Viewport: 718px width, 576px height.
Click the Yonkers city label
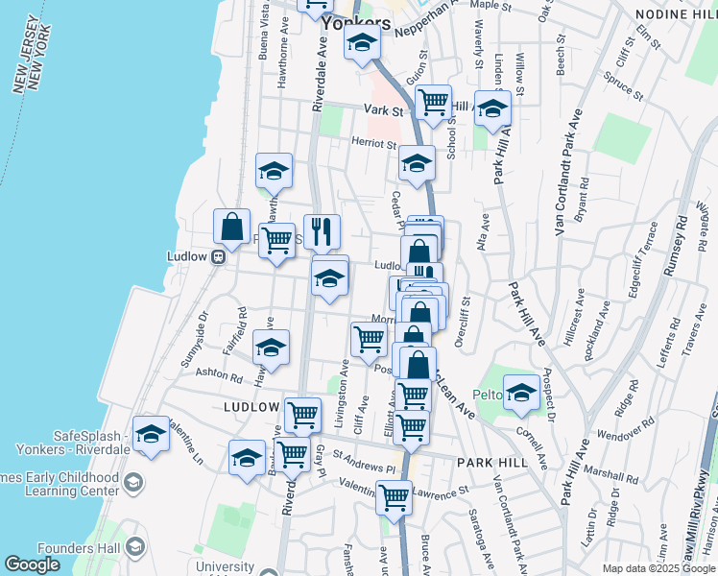(357, 23)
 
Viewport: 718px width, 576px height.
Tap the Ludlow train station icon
(219, 256)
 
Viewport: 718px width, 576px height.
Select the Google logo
(32, 564)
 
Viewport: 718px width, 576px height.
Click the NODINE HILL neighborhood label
(676, 13)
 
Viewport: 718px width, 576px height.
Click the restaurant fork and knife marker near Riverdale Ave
(322, 230)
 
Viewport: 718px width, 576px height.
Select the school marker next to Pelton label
(521, 391)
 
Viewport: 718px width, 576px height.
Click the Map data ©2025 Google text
(658, 568)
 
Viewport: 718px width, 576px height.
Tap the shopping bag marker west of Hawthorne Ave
(232, 227)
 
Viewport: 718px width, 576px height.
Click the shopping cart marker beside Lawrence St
(395, 497)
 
